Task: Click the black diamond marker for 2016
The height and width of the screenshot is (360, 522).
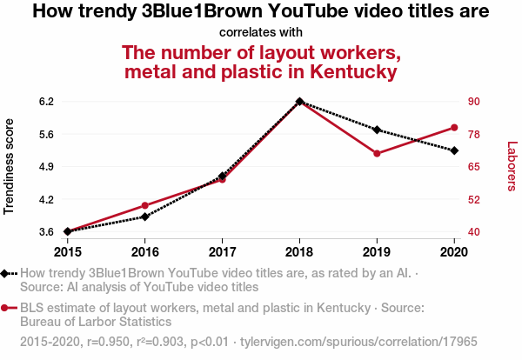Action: pos(144,217)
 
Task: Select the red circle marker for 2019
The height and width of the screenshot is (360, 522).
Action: pos(377,154)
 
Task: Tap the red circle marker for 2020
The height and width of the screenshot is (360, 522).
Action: pos(454,128)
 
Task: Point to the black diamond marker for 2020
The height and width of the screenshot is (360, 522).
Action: pos(454,150)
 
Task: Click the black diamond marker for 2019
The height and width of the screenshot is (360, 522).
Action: pos(377,130)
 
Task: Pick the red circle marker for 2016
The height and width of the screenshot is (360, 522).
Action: pos(144,205)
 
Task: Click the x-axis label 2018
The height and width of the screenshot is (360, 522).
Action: pos(299,252)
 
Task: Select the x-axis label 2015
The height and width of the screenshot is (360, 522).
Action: pos(67,252)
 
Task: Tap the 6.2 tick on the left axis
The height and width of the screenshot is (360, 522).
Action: pos(46,102)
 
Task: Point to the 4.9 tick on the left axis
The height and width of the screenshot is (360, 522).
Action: pos(46,167)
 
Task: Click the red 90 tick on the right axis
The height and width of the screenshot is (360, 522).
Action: pos(475,102)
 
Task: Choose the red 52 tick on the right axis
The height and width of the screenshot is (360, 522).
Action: pos(475,199)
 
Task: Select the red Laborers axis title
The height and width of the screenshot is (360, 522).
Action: pos(512,166)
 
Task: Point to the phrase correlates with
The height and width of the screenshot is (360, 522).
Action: pos(260,32)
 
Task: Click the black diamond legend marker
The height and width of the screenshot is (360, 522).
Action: pos(5,273)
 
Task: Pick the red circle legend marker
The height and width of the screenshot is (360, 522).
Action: pos(5,308)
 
